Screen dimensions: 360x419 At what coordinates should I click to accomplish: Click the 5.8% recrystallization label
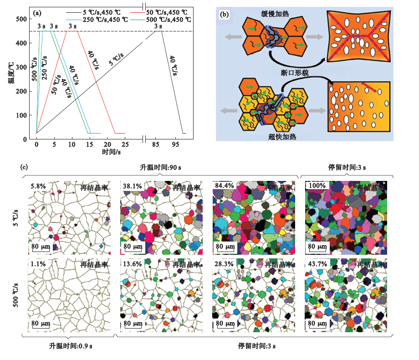pyautogui.click(x=37, y=186)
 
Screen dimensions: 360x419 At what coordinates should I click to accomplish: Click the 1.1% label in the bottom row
pyautogui.click(x=37, y=264)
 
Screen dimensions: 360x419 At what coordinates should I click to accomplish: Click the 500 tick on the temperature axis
pyautogui.click(x=21, y=19)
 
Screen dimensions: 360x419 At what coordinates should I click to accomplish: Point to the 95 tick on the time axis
pyautogui.click(x=175, y=144)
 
